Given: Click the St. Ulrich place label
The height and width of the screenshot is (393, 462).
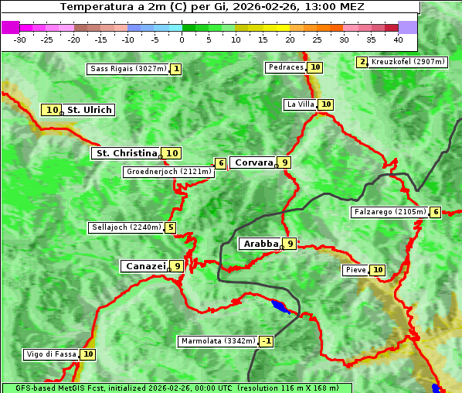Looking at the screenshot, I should tap(89, 110).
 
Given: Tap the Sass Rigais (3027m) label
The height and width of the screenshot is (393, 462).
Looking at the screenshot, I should tap(127, 69).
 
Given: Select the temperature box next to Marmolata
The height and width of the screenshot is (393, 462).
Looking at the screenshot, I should tap(267, 341).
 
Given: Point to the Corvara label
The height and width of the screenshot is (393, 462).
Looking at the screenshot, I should tap(253, 162).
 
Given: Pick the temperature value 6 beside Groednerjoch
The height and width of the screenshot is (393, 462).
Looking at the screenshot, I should tap(221, 163).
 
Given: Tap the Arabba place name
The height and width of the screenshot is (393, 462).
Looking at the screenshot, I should tap(260, 244).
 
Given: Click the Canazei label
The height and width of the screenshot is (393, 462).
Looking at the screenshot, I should tap(144, 265).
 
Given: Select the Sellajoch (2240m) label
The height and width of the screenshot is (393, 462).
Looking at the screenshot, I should tap(126, 227).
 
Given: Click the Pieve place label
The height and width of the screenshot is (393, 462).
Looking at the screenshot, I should tap(355, 270).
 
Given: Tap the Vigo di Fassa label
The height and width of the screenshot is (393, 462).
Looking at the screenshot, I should tap(51, 354).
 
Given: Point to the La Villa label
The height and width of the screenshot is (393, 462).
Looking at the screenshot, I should tap(300, 104).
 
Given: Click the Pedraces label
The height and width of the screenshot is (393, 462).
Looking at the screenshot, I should tap(286, 67).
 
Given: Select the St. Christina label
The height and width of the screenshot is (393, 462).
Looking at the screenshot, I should tap(126, 153).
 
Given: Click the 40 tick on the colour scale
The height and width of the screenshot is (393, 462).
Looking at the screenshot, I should tap(398, 39).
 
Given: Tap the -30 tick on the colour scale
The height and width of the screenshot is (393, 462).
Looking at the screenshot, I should tap(20, 39).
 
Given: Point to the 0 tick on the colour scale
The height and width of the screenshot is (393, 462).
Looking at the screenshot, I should tap(182, 39).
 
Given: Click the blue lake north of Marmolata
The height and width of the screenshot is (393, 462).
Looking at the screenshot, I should tap(280, 306).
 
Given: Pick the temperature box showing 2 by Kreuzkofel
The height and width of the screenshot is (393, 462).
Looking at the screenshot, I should tap(362, 62).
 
